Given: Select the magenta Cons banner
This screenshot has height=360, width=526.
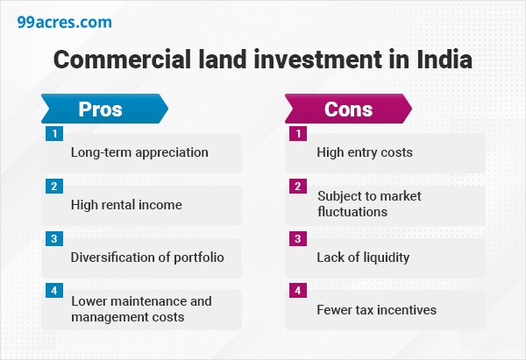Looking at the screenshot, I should coord(348,109).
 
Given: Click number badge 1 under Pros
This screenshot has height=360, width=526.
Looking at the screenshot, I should coord(55,134).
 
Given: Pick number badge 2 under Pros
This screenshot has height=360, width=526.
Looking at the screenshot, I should coord(55,187).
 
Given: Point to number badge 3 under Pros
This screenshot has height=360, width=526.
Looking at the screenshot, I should coord(55,239).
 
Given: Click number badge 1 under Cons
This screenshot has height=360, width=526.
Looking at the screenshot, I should coord(299,134).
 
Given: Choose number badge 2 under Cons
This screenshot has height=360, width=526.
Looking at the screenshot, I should coord(299,187).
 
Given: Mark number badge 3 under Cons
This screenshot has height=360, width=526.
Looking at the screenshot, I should coord(299,239).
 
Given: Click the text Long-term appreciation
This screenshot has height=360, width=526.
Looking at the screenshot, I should coord(139,152).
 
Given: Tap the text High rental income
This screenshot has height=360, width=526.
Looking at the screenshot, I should coord(126,205).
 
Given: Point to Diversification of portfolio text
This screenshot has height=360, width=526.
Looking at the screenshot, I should coord(147,258).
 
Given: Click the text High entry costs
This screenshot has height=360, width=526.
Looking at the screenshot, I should coord(365,152).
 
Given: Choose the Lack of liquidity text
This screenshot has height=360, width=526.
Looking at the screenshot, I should coord(364,258).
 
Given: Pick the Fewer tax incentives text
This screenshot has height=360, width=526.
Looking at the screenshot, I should coord(376,310).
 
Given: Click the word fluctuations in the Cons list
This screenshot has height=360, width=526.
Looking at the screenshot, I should coord(352,212).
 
